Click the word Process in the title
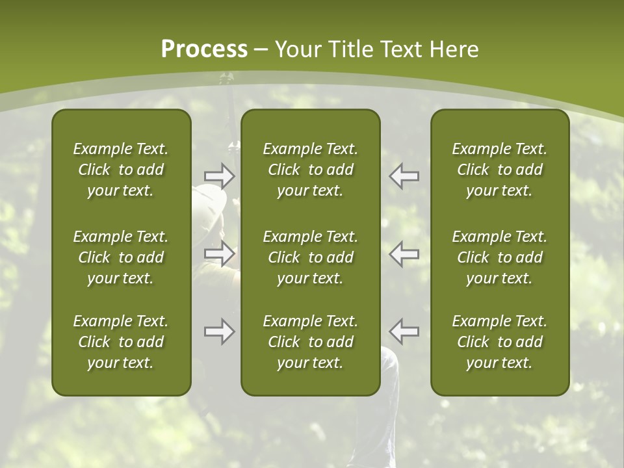point(204,49)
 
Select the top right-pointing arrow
point(220,175)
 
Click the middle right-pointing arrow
point(220,253)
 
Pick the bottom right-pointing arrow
point(220,331)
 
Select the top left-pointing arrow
point(404,175)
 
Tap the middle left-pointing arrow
point(404,253)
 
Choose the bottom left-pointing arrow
point(404,331)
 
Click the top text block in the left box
point(121,170)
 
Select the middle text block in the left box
point(121,257)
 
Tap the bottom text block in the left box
point(121,342)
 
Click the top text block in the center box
point(311,170)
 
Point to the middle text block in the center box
point(311,257)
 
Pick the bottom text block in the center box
point(311,342)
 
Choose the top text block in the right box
point(500,170)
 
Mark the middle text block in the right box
point(500,257)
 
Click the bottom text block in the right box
point(500,342)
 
